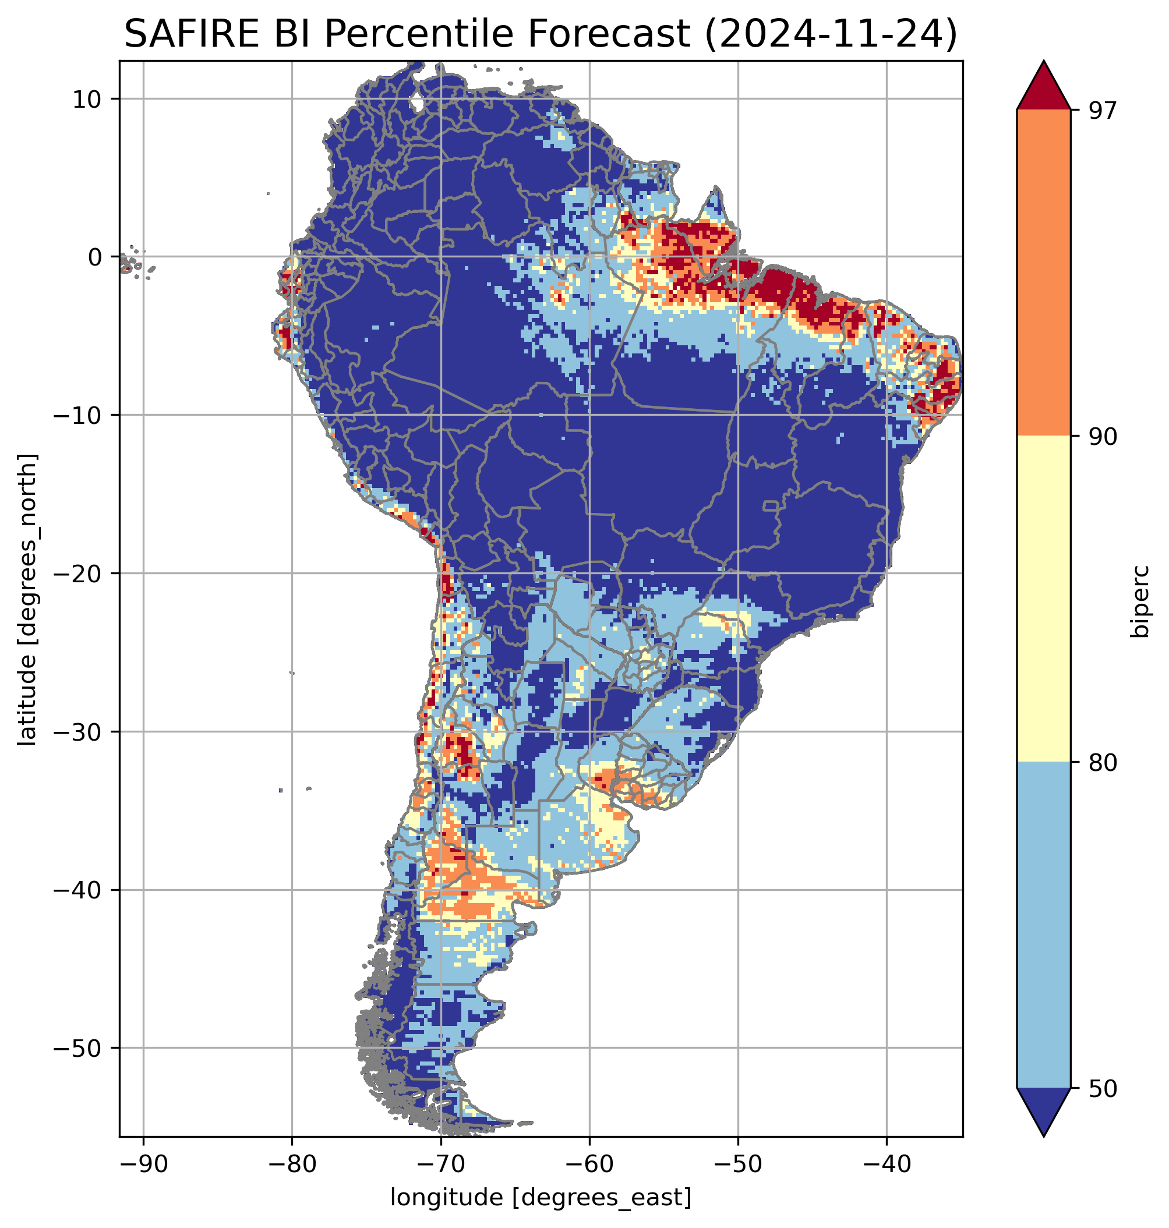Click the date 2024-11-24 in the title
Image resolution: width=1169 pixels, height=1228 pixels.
(x=829, y=34)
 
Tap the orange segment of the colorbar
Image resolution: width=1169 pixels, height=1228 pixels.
(x=1043, y=273)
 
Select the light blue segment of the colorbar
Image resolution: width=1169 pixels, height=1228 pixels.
(x=1043, y=925)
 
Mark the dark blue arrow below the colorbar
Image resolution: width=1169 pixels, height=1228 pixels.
(x=1043, y=1110)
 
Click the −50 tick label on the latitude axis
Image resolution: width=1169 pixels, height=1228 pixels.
(x=79, y=1049)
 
